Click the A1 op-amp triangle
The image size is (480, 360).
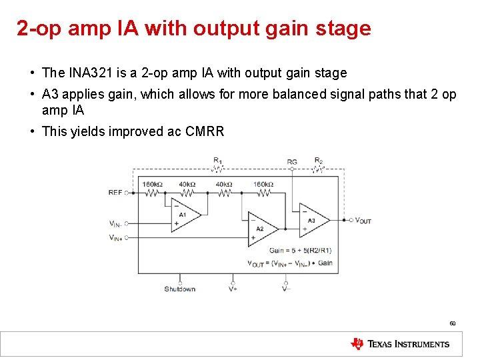pyautogui.click(x=185, y=215)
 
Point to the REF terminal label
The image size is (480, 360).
pyautogui.click(x=115, y=193)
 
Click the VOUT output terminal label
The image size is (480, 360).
pyautogui.click(x=363, y=220)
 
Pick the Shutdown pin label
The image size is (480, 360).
pyautogui.click(x=179, y=289)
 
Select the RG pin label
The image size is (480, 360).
pyautogui.click(x=292, y=162)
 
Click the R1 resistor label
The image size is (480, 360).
pyautogui.click(x=218, y=161)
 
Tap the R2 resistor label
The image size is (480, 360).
pyautogui.click(x=319, y=161)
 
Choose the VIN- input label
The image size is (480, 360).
pyautogui.click(x=116, y=224)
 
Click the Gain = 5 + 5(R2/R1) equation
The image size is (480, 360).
pyautogui.click(x=300, y=251)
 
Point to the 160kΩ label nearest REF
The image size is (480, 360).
pyautogui.click(x=152, y=184)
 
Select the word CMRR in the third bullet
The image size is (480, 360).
pyautogui.click(x=205, y=131)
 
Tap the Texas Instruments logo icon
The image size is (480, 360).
pyautogui.click(x=358, y=344)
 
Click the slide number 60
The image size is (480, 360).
pyautogui.click(x=452, y=323)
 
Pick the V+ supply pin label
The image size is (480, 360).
pyautogui.click(x=233, y=289)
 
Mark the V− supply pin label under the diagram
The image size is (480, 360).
pyautogui.click(x=285, y=289)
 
